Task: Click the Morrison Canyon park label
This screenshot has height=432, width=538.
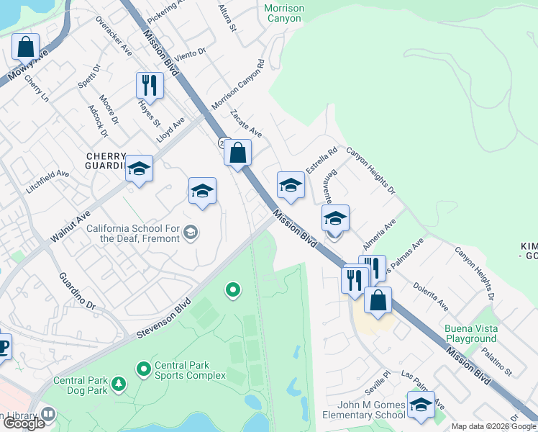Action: (283, 13)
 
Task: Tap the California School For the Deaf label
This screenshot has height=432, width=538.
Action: (133, 233)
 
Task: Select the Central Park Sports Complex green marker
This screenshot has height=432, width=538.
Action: (143, 369)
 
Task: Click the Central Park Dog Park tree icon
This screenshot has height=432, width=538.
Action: (119, 386)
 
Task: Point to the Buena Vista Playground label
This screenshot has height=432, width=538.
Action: (470, 333)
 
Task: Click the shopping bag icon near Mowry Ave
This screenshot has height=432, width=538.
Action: (26, 47)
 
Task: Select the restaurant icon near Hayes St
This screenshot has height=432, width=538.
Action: (150, 85)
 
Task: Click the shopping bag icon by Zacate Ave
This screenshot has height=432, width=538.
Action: (237, 152)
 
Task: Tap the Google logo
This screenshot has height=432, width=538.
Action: (23, 423)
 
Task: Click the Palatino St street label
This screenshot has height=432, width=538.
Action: (496, 362)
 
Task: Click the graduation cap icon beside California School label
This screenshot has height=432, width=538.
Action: (191, 232)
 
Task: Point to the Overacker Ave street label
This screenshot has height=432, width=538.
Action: (114, 37)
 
